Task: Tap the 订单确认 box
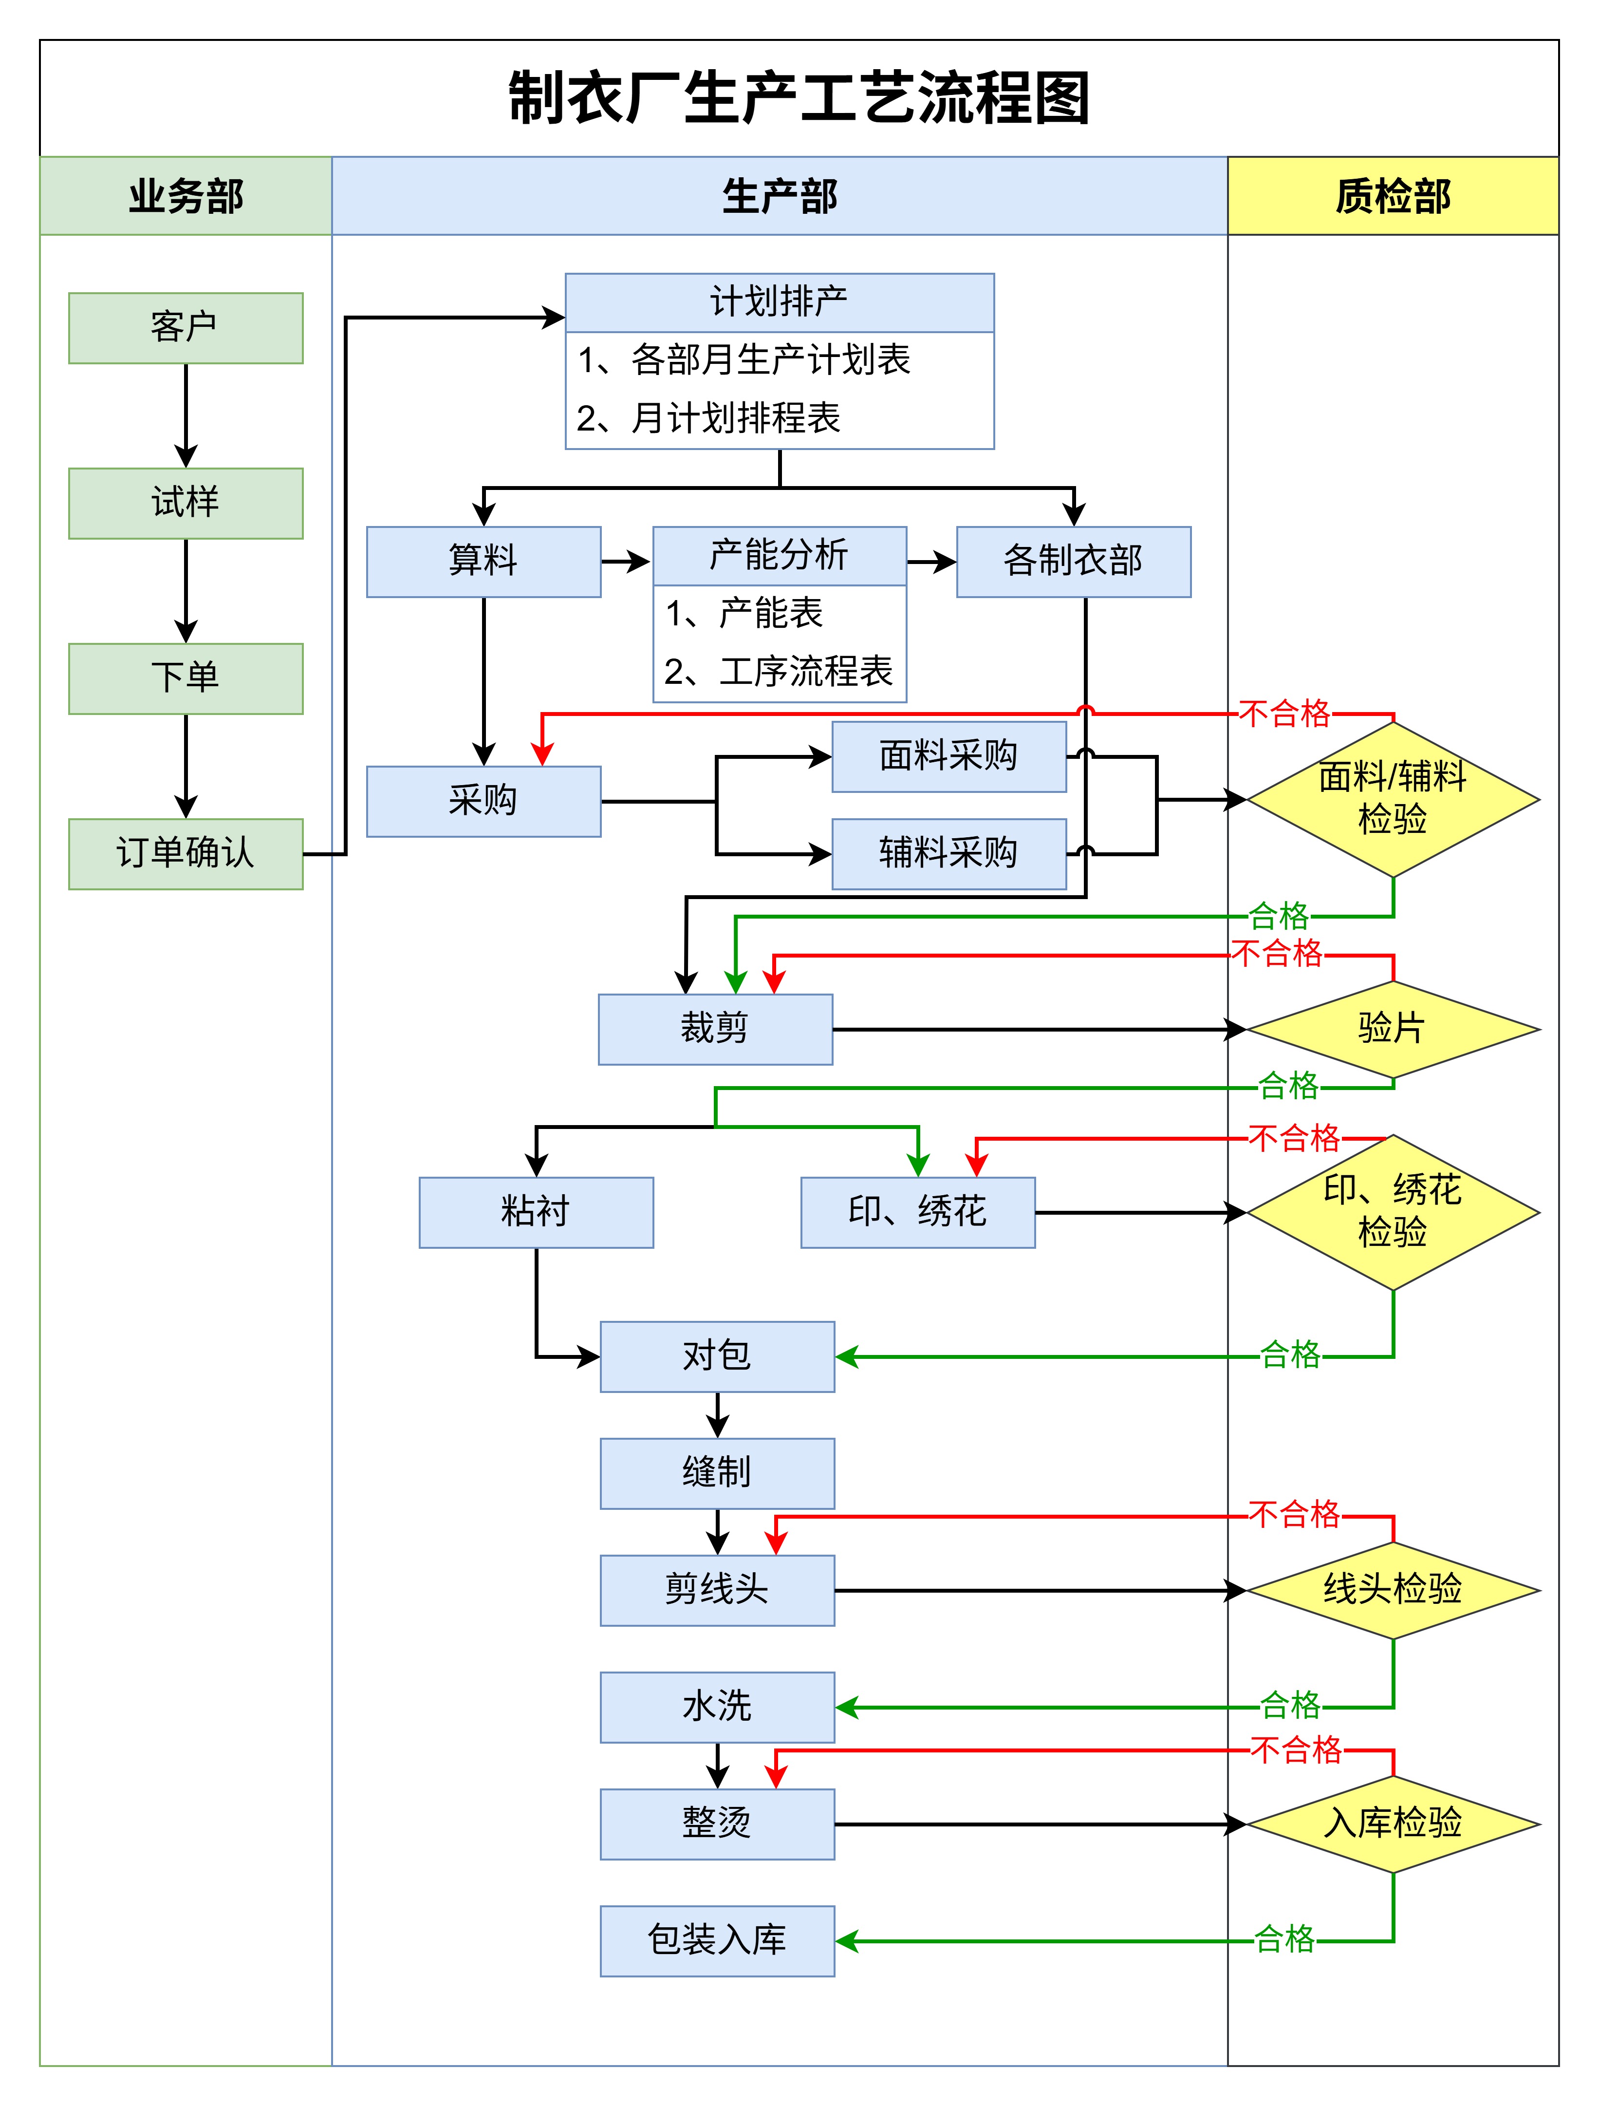pos(186,854)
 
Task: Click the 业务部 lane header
pos(186,196)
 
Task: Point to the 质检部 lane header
pos(1393,196)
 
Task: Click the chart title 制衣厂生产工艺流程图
pos(799,98)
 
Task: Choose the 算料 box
pos(483,562)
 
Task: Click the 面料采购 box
pos(949,757)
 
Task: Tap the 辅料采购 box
pos(949,854)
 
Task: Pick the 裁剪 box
pos(715,1029)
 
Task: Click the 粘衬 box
pos(536,1212)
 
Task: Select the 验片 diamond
pos(1393,1029)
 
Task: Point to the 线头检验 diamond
pos(1393,1590)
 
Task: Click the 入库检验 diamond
pos(1393,1824)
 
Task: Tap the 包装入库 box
pos(717,1941)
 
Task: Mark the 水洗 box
pos(717,1707)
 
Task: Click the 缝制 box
pos(717,1473)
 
